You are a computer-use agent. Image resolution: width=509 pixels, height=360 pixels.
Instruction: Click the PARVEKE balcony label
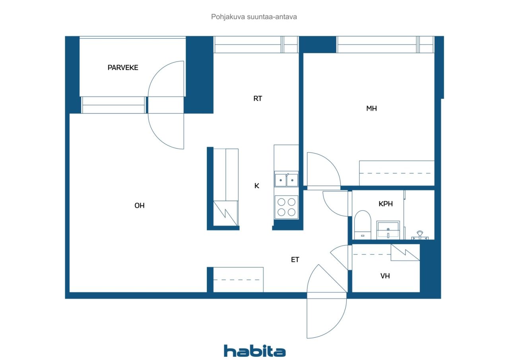(x=123, y=68)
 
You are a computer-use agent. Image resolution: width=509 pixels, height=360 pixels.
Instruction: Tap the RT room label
(x=258, y=98)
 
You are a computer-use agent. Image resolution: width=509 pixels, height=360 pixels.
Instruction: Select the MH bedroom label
(x=371, y=109)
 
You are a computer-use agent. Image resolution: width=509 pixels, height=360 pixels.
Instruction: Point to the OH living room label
(x=140, y=205)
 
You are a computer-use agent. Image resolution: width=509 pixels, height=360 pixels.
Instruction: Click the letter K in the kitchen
(x=257, y=186)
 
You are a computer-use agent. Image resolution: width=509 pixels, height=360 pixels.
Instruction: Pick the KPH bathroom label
(x=386, y=204)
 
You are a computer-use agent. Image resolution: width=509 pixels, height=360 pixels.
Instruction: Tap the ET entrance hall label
(x=295, y=259)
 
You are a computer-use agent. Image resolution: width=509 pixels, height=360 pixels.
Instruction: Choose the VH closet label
(x=385, y=276)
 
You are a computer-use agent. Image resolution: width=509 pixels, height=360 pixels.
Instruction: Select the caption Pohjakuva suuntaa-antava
(x=254, y=17)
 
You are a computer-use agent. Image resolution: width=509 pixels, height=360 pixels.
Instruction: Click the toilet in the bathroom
(x=363, y=224)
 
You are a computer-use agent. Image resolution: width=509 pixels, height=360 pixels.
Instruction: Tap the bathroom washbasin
(x=388, y=230)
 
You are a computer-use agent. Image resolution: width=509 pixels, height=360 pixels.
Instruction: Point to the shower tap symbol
(x=420, y=235)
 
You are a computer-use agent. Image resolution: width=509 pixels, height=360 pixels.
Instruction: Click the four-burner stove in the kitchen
(x=286, y=207)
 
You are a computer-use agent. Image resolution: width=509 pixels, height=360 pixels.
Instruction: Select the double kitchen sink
(x=286, y=180)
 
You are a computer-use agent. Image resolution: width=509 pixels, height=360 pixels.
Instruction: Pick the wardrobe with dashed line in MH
(x=397, y=173)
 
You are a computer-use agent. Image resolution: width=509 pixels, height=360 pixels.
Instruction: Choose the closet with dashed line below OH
(x=238, y=280)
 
